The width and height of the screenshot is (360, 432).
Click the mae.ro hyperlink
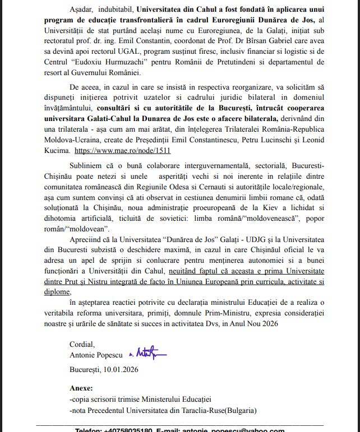pyautogui.click(x=122, y=151)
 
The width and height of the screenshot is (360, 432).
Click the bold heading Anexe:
pyautogui.click(x=81, y=388)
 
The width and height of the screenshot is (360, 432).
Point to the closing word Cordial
pyautogui.click(x=82, y=344)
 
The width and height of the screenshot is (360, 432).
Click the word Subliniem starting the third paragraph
pyautogui.click(x=88, y=166)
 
